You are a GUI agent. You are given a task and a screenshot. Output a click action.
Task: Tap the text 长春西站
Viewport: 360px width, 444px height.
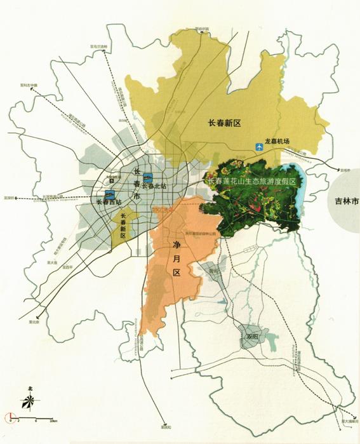click(110, 203)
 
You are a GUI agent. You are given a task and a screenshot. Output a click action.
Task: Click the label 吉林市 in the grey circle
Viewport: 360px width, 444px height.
click(347, 201)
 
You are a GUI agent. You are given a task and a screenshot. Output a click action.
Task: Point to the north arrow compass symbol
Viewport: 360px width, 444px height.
click(29, 401)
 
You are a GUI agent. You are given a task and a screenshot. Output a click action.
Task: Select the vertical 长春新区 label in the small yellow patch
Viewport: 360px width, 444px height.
click(122, 225)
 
